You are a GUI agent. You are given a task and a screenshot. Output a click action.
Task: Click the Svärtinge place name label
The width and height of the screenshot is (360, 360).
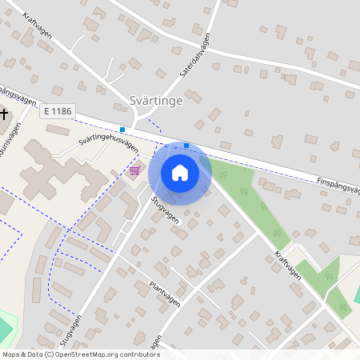[x=156, y=101]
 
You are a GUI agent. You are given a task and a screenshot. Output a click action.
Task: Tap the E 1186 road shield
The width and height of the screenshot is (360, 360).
[x=57, y=114]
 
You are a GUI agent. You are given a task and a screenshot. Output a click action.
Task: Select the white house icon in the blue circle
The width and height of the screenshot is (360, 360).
[x=180, y=172]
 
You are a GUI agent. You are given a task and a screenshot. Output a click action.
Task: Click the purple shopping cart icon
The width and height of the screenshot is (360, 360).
[x=134, y=170]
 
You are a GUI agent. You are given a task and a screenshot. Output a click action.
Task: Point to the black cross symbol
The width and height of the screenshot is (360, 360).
[x=4, y=114]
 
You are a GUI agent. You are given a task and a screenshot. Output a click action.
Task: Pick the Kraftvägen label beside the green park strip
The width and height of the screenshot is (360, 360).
[x=286, y=262]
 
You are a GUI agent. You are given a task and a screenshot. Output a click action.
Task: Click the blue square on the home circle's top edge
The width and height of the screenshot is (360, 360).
[x=186, y=146]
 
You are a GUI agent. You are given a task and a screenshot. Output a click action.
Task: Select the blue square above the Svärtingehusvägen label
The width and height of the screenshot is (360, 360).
[x=122, y=130]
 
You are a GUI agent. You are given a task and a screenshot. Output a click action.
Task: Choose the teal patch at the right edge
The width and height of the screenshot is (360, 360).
[x=356, y=291]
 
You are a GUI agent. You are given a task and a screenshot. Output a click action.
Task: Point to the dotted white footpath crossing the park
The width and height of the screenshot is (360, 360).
[x=308, y=253]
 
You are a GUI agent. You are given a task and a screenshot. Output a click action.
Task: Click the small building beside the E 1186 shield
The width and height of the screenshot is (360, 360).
[x=58, y=129]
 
